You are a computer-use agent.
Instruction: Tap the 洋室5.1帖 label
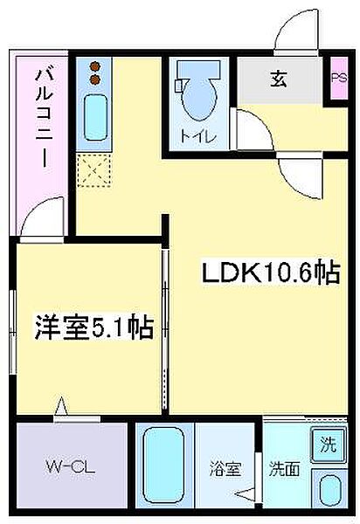pyautogui.click(x=94, y=327)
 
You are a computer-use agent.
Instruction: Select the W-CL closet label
pyautogui.click(x=71, y=467)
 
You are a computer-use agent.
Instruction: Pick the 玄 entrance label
pyautogui.click(x=279, y=80)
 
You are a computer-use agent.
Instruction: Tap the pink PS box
pyautogui.click(x=338, y=80)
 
